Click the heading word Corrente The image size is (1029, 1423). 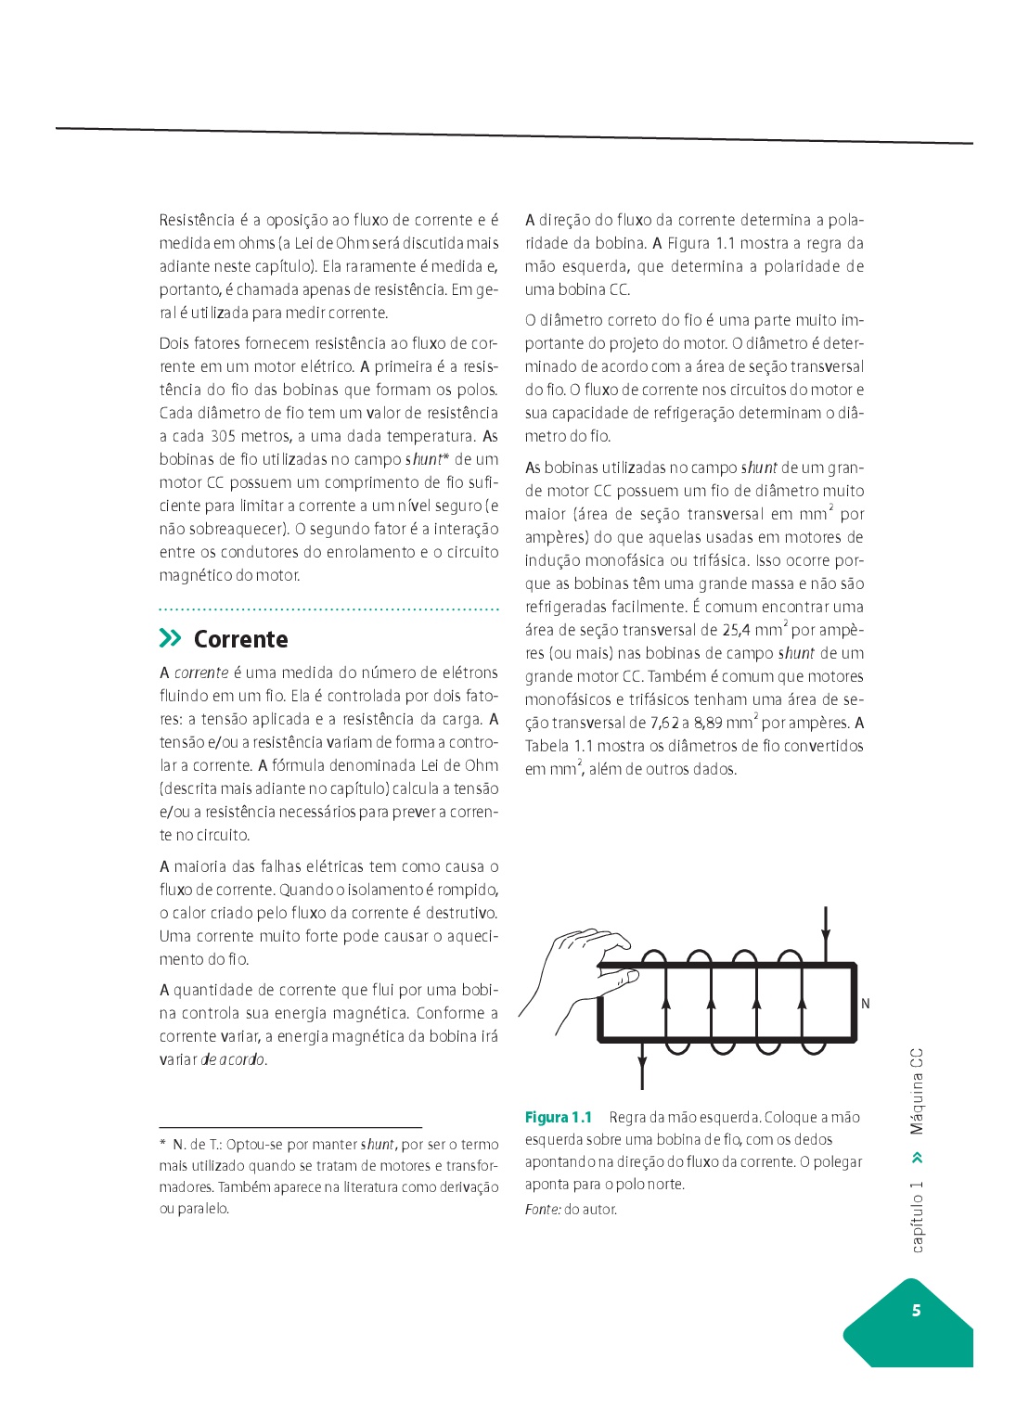(x=240, y=639)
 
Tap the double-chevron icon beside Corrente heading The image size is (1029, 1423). (x=171, y=638)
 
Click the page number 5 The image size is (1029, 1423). (x=916, y=1310)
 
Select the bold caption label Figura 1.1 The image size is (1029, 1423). (x=559, y=1117)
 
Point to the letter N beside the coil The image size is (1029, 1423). (x=866, y=1004)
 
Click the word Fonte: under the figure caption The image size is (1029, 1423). (x=543, y=1210)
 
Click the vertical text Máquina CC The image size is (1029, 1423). (x=917, y=1092)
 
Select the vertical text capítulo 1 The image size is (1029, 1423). (x=917, y=1217)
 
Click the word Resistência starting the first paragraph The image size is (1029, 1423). (x=197, y=220)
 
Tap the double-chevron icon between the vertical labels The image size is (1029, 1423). (x=917, y=1158)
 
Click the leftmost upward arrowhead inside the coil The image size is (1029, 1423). (x=666, y=1002)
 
